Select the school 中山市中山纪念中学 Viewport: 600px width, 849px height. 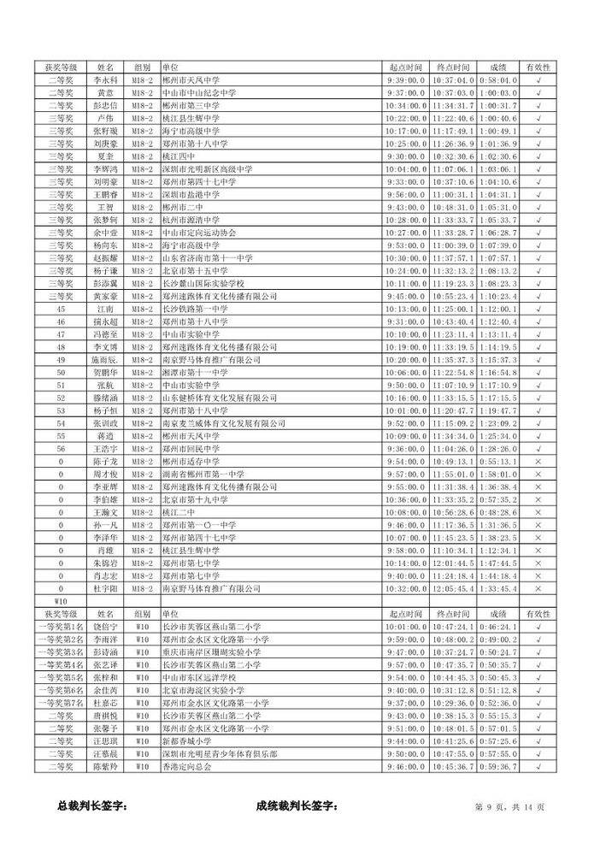pos(197,92)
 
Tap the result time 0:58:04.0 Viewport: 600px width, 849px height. pos(497,80)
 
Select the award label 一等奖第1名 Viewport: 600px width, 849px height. pos(60,627)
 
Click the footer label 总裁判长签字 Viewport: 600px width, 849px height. pos(91,806)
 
